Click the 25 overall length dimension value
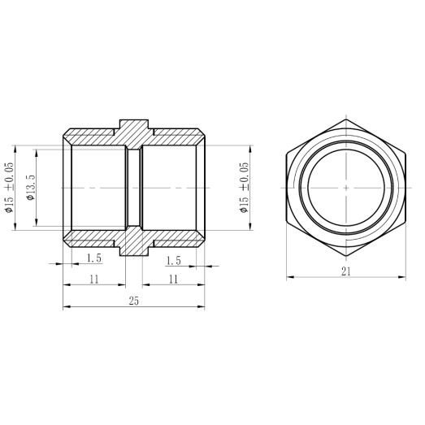point(134,301)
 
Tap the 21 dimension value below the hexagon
point(345,271)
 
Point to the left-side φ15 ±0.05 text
point(10,188)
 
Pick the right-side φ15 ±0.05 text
point(244,188)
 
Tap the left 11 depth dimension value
point(93,279)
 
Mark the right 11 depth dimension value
point(172,279)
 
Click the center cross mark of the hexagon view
point(345,188)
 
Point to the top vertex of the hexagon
point(345,119)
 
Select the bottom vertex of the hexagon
point(345,257)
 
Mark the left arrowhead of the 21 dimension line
point(289,277)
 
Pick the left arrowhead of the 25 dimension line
point(67,307)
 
